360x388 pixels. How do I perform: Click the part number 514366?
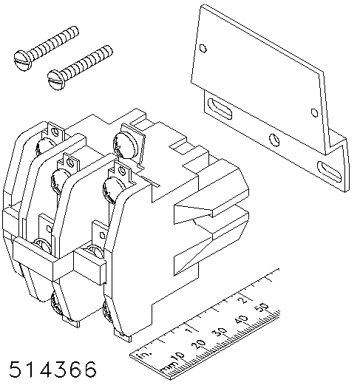point(52,370)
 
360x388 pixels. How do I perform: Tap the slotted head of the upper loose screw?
point(23,61)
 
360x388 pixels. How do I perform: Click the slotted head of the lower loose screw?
point(56,80)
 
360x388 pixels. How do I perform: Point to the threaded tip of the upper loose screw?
point(75,31)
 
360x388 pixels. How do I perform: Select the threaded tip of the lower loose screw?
point(109,50)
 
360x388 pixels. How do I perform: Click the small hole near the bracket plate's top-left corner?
point(203,48)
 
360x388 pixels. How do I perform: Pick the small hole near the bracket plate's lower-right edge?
point(314,112)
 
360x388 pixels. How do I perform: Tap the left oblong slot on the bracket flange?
point(220,109)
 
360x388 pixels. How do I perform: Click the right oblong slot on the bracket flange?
point(330,171)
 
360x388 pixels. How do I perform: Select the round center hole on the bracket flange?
point(275,140)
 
